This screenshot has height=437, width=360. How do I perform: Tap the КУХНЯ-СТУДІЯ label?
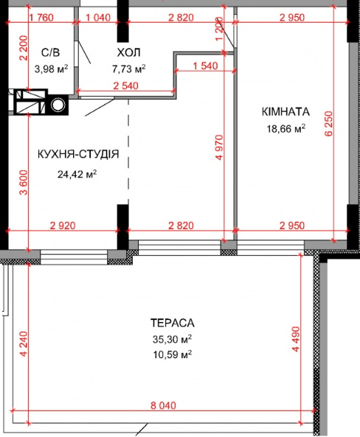pyautogui.click(x=78, y=154)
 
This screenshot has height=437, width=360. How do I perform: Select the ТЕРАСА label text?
pyautogui.click(x=171, y=323)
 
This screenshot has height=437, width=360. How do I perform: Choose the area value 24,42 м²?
pyautogui.click(x=77, y=175)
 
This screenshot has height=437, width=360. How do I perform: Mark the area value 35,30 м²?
pyautogui.click(x=171, y=339)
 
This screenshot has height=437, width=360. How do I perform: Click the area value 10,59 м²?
pyautogui.click(x=171, y=354)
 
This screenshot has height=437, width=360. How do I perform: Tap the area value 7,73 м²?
pyautogui.click(x=128, y=69)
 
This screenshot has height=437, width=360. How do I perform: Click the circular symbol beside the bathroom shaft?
pyautogui.click(x=57, y=105)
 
